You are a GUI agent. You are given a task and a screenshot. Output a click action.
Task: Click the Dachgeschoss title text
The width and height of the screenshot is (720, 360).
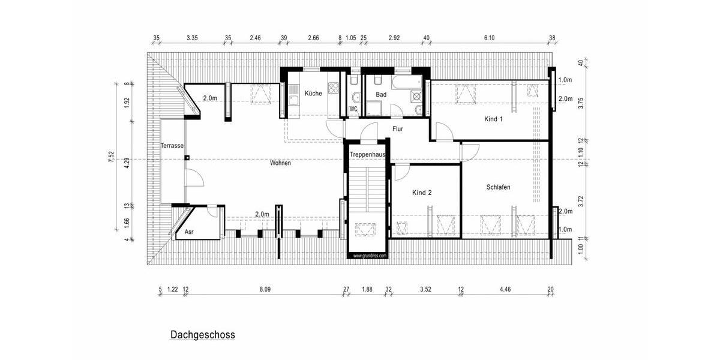point(202,335)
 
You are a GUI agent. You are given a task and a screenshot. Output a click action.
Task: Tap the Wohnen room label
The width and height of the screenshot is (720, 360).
point(280,163)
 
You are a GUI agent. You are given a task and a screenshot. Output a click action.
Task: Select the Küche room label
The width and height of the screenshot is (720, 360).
point(313,94)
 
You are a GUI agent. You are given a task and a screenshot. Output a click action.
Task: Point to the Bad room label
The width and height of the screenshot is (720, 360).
point(381,95)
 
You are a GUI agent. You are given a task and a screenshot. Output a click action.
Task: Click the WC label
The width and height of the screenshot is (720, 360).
point(353,109)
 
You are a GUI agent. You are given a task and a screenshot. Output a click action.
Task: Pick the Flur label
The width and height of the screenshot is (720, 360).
point(397,129)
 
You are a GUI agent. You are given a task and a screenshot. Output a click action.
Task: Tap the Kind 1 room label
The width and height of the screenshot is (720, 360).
point(493,119)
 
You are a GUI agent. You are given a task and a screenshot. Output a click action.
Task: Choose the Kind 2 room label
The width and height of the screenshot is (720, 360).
point(422,193)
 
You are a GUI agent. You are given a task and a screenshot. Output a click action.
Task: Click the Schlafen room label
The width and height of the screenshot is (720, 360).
point(498,187)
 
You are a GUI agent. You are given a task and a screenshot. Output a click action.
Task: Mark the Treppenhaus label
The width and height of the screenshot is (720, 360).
point(367,155)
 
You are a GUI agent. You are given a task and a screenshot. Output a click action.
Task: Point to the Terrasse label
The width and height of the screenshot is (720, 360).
point(172,146)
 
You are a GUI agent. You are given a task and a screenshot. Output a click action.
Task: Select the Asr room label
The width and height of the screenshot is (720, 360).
point(189,232)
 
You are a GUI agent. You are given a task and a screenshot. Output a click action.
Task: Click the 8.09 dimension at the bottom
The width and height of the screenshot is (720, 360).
point(265,289)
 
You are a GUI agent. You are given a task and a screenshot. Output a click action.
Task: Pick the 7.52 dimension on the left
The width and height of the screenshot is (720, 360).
point(111,157)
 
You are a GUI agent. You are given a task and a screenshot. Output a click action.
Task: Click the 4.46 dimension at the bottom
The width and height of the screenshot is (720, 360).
point(506,289)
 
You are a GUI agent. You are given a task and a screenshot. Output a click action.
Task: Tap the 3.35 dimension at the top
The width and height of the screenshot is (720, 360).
point(192,38)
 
